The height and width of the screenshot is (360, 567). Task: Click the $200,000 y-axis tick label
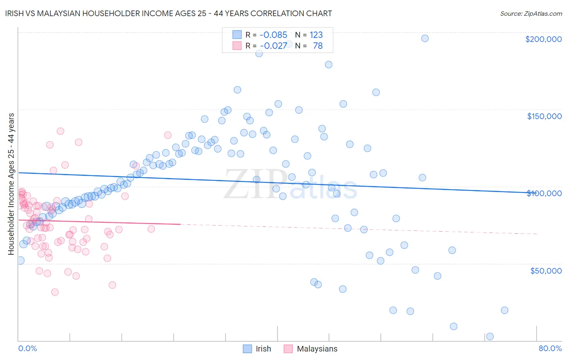(543, 39)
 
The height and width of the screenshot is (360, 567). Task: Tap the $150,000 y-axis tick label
(544, 116)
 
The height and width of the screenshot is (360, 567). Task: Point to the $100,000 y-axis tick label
(544, 193)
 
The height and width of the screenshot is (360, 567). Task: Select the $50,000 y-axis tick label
(546, 270)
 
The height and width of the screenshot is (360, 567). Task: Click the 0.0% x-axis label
(27, 348)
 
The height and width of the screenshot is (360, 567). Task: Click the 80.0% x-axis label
(550, 348)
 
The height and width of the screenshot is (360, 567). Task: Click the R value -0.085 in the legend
(273, 35)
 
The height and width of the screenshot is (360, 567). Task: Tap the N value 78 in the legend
(318, 46)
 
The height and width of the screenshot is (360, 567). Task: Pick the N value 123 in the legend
(316, 35)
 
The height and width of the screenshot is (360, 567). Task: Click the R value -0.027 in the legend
(273, 46)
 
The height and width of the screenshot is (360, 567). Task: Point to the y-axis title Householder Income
(11, 184)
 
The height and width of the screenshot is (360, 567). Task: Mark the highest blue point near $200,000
(425, 38)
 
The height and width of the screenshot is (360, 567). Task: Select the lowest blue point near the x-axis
(490, 337)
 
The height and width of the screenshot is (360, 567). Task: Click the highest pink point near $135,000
(60, 131)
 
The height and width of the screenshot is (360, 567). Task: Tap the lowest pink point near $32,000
(55, 292)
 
